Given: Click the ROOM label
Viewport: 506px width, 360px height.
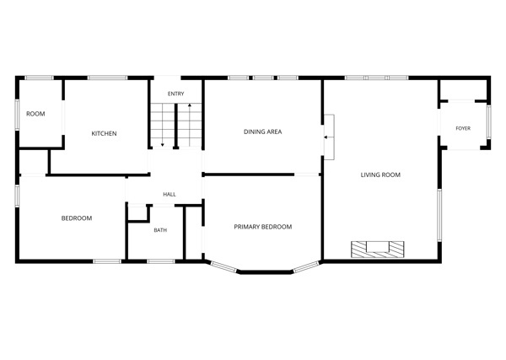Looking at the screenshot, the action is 35,114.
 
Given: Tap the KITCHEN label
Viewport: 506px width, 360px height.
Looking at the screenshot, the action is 104,133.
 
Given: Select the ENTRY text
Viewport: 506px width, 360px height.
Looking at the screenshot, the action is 176,94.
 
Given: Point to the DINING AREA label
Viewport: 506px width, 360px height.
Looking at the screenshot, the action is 262,132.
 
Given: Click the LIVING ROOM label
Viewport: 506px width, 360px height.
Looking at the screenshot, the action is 380,175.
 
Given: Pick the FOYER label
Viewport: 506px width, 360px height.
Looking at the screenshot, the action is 463,128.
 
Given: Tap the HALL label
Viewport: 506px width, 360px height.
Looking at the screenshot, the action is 170,194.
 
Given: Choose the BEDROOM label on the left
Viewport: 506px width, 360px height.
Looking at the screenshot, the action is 77,218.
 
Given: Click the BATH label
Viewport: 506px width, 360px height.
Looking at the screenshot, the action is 160,230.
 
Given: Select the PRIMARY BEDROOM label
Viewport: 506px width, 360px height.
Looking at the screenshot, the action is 263,227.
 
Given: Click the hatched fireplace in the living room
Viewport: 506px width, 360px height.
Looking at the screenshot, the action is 378,250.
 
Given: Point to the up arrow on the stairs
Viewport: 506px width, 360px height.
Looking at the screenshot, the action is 190,124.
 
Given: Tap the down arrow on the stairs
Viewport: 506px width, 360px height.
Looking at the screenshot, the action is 162,125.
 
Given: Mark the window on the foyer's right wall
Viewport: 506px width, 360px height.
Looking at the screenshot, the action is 488,122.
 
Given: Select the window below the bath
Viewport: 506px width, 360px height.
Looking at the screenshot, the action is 161,261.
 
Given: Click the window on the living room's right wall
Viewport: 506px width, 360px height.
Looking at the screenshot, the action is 439,215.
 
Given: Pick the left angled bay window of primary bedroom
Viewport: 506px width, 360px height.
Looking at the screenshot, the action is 223,266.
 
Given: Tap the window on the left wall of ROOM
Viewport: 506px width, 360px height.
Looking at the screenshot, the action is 18,115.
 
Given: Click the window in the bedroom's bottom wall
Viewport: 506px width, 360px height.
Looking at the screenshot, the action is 107,261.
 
